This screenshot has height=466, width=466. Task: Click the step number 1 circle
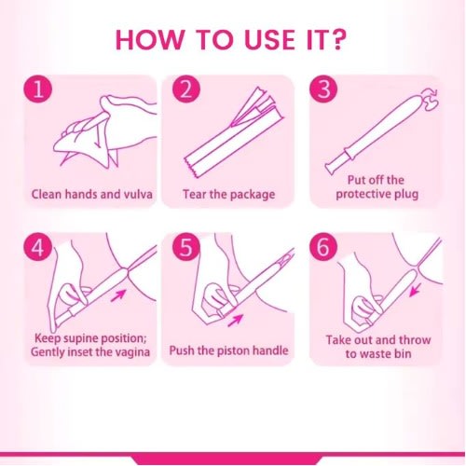(x=38, y=89)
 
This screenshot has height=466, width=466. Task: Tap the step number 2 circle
(x=186, y=89)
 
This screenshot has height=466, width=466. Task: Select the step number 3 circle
(x=323, y=89)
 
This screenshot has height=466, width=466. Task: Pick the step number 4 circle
(x=38, y=247)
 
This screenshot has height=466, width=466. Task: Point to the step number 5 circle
(x=186, y=247)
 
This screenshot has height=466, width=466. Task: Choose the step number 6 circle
(x=323, y=247)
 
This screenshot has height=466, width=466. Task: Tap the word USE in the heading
(x=269, y=40)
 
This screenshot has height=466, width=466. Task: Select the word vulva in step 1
(x=138, y=195)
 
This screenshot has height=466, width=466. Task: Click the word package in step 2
(x=253, y=195)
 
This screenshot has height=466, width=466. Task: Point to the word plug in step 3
(x=406, y=195)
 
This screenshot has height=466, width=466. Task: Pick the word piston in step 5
(x=234, y=351)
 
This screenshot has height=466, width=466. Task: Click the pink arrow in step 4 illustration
(x=118, y=295)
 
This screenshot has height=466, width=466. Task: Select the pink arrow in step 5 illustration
(x=235, y=320)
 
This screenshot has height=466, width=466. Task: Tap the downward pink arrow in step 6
(x=416, y=290)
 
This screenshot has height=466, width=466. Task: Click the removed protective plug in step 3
(x=430, y=99)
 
